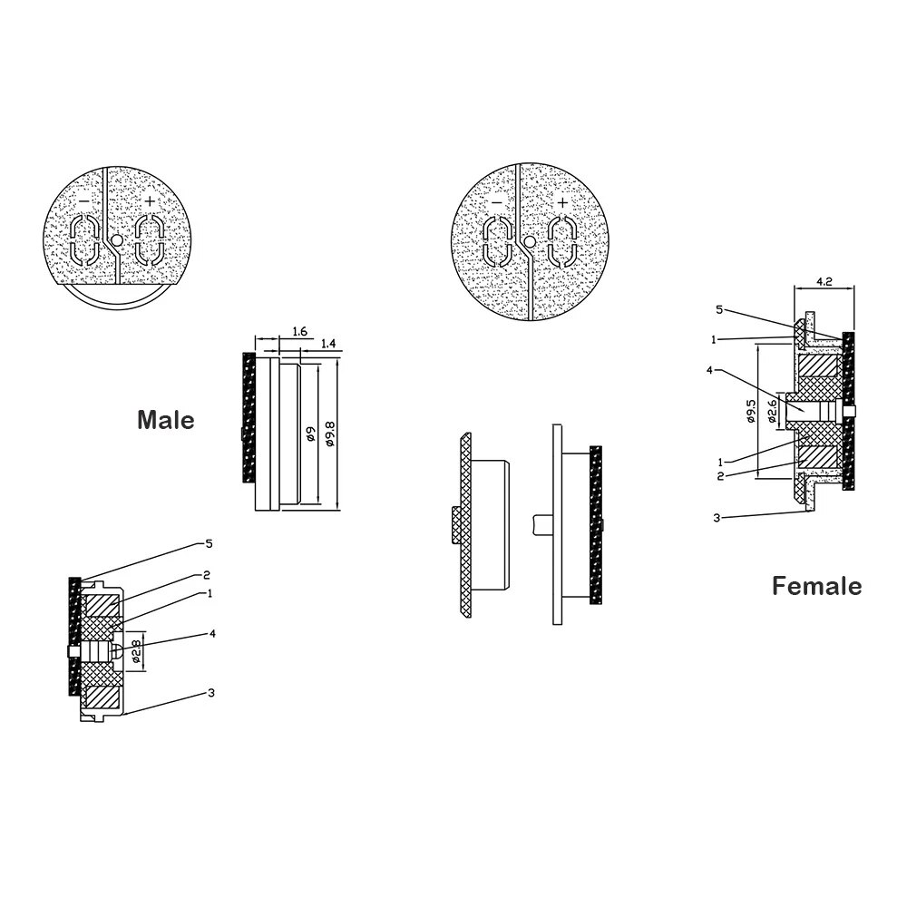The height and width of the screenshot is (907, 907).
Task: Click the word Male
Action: pos(165,420)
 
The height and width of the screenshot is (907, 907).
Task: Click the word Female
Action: pos(816,586)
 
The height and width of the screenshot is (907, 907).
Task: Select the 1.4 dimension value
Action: pos(328,345)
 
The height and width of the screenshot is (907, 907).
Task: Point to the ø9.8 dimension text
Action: pos(331,433)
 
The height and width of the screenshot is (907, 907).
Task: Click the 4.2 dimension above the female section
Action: pos(824,282)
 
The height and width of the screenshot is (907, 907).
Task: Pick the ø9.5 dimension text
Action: pos(751,411)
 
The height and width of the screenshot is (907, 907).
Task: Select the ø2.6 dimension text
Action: pos(772,412)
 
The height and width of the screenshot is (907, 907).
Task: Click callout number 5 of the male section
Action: pos(209,544)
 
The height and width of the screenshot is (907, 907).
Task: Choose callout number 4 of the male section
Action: pos(211,634)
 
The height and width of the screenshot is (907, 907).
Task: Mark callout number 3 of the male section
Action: pos(210,693)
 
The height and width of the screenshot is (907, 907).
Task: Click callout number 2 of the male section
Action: pos(208,574)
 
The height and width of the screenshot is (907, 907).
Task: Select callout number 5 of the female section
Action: pos(719,309)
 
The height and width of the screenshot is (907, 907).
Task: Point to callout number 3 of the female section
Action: pos(717,518)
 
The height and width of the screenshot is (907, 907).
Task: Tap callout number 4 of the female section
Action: pos(710,370)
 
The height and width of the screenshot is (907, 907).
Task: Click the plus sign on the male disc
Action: pos(150,201)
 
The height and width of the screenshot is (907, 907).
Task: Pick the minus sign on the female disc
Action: pos(495,201)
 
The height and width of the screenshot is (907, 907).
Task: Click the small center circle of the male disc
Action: pos(115,242)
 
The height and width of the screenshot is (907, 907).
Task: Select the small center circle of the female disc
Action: pos(529,242)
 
